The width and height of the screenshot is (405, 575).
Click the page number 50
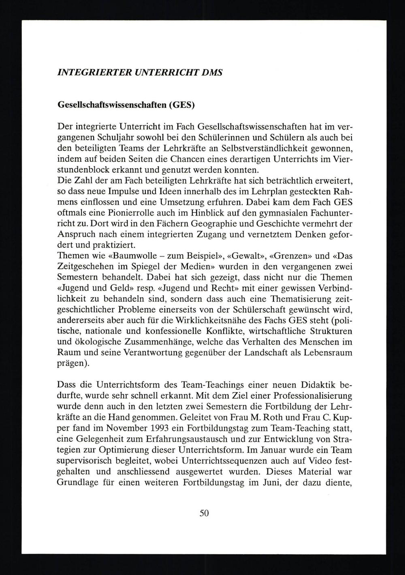204,513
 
